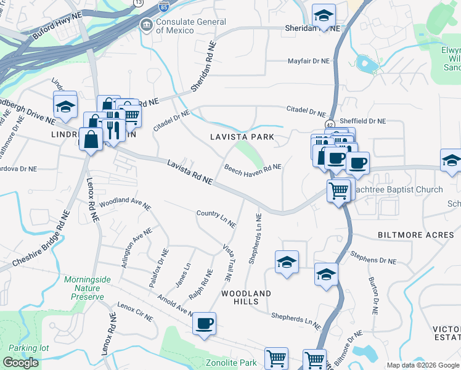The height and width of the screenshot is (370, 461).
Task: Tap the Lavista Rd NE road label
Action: tap(190, 171)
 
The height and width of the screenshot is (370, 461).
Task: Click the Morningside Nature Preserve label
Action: tap(88, 288)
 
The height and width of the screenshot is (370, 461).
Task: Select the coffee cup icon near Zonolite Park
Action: tap(204, 323)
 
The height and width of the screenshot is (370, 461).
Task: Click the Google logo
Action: tap(20, 363)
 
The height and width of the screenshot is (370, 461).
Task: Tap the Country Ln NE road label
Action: tap(216, 218)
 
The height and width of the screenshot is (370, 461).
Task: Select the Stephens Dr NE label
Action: tap(373, 257)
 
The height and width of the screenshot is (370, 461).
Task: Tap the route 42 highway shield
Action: tap(330, 124)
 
